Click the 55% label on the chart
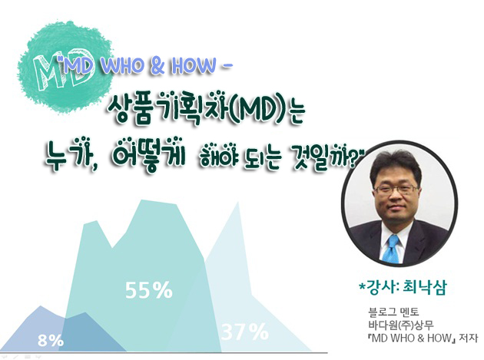tap(149, 289)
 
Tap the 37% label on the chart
tap(245, 332)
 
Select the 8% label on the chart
tap(51, 341)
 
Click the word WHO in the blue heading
tap(121, 66)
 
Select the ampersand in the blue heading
tap(157, 66)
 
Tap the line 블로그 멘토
tap(393, 312)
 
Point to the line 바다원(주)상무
tap(401, 325)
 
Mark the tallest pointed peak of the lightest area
tap(238, 203)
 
